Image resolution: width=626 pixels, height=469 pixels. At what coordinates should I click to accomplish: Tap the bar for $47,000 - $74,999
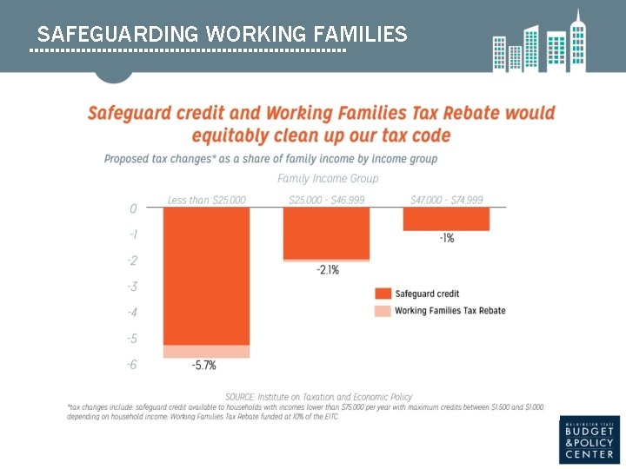(446, 219)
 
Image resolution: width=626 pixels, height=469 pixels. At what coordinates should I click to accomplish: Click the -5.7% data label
(204, 367)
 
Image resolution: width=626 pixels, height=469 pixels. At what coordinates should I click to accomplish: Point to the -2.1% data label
(327, 270)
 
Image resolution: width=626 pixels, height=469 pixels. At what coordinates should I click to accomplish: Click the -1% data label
(446, 238)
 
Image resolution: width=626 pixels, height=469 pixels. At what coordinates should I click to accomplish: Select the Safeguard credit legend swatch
(383, 294)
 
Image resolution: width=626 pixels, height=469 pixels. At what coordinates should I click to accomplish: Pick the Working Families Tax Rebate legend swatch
(383, 311)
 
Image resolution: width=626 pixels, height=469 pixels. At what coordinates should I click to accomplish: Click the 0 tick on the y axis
(133, 208)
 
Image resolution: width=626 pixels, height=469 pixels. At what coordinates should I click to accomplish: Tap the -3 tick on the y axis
(132, 287)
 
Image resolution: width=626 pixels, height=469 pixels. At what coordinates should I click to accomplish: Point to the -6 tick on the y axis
(132, 365)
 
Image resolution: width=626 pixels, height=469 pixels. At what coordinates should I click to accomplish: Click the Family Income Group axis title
(328, 178)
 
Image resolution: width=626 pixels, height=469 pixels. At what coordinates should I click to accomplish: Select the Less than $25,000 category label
(207, 200)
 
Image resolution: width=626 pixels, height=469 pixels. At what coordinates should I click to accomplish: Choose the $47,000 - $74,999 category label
(446, 200)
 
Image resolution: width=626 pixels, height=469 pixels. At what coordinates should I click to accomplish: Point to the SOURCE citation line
(319, 397)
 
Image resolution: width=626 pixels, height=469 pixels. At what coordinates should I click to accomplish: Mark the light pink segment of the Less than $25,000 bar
(207, 351)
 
